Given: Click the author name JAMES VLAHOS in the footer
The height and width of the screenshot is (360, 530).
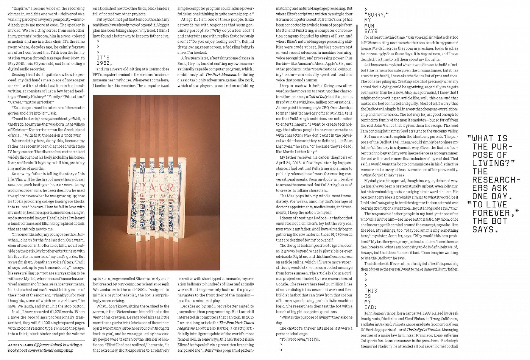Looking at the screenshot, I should [21, 345].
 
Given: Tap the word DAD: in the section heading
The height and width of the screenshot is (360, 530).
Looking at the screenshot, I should [371, 307].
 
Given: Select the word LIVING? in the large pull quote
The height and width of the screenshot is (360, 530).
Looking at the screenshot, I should [494, 163].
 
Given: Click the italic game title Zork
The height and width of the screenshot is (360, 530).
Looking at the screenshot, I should [249, 80].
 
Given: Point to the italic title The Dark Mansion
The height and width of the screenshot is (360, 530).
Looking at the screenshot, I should [221, 75].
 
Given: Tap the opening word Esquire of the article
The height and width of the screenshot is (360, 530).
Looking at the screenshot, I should [20, 8].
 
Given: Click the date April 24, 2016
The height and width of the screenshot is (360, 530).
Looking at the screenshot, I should [291, 163].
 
